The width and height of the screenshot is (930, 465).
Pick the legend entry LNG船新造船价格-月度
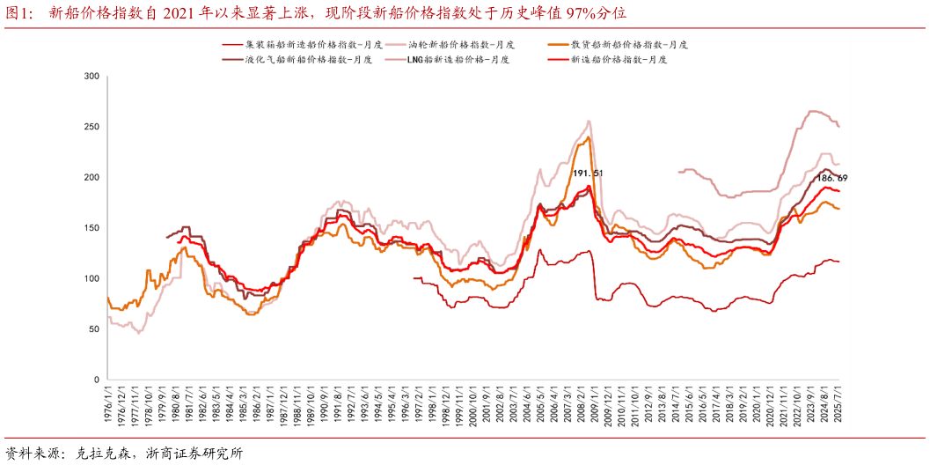pos(463,59)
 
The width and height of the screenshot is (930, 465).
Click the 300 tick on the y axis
pos(91,77)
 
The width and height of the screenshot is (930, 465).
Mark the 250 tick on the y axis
pos(91,127)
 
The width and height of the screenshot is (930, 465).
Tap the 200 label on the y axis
pos(91,178)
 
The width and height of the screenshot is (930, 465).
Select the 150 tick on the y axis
pos(91,228)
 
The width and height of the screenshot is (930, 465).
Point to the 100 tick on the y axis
pos(91,278)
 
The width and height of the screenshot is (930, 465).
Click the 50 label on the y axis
pos(93,329)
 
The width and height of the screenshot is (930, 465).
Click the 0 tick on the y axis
pos(96,380)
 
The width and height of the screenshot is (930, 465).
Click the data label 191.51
pos(588,173)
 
